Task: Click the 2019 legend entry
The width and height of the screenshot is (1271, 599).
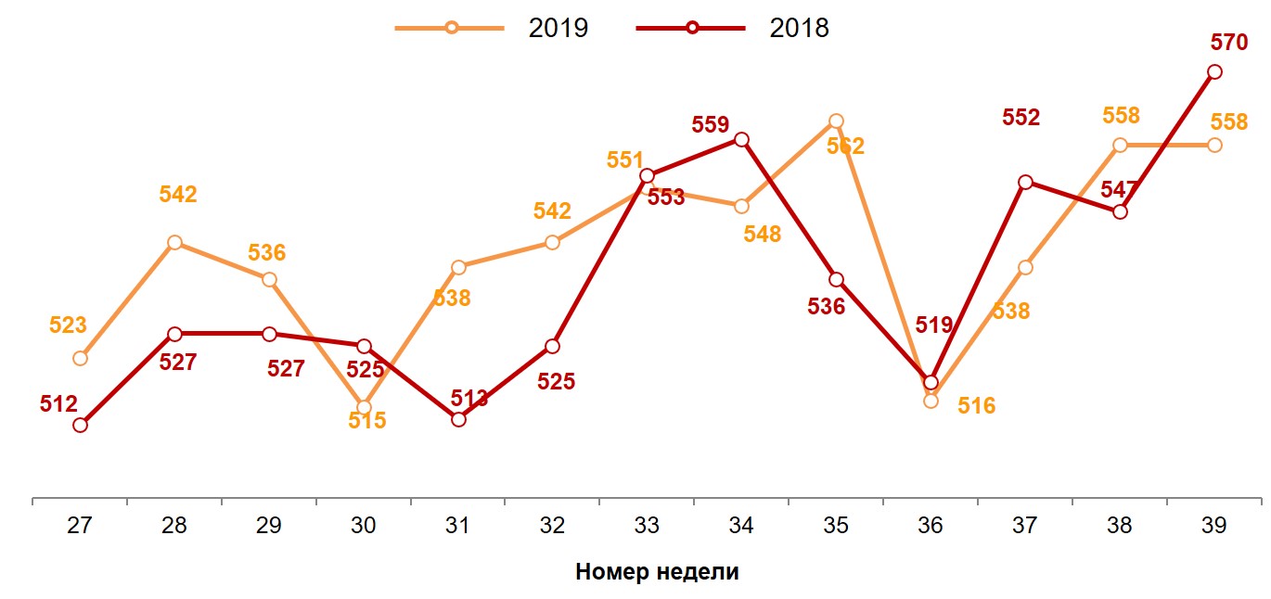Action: [x=493, y=28]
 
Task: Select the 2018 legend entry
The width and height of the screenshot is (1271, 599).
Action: [x=733, y=28]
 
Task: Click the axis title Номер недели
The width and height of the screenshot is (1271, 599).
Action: [x=657, y=571]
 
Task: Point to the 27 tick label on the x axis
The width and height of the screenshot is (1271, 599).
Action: [x=80, y=526]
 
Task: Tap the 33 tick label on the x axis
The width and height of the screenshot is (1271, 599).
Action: [x=647, y=526]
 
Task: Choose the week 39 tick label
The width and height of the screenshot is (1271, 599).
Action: [x=1213, y=526]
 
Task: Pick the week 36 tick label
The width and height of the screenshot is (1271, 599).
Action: [x=931, y=526]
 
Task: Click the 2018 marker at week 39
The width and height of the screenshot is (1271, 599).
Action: [x=1213, y=72]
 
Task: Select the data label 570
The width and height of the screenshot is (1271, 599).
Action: [x=1229, y=43]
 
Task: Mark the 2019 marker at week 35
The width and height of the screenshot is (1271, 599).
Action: [x=836, y=121]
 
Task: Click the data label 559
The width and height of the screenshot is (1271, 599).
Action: [x=711, y=124]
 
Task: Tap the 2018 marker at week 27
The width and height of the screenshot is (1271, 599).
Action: [x=80, y=425]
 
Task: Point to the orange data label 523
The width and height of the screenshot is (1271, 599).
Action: [x=68, y=325]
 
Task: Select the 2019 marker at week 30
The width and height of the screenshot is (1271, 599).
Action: [x=364, y=407]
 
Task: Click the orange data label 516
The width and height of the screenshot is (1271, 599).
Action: [x=976, y=405]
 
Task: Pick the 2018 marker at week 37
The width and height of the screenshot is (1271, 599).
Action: [x=1025, y=182]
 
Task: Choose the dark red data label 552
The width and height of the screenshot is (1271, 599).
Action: [x=1021, y=118]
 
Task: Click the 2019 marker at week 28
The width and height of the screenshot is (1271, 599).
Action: [x=174, y=243]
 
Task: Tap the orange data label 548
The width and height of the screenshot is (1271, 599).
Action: [x=763, y=234]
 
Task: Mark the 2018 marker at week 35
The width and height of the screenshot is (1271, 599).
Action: [x=836, y=279]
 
